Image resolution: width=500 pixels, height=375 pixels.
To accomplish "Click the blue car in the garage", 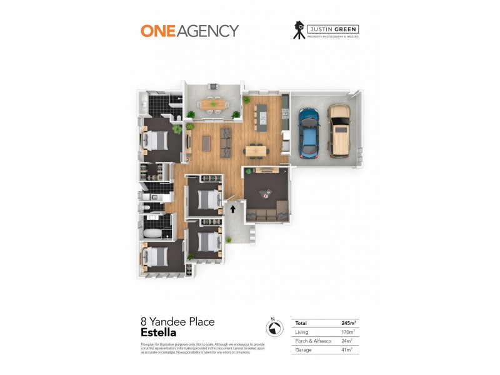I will click(x=309, y=132).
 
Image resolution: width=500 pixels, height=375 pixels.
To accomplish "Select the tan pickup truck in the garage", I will click(x=338, y=131).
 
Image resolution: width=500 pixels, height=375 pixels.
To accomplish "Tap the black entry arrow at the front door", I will click(x=233, y=209).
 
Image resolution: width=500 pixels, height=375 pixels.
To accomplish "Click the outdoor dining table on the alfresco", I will click(x=211, y=104).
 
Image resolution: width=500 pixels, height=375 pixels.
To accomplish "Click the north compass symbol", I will click(x=272, y=327).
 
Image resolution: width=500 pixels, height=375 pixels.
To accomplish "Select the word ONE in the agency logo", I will click(x=157, y=31).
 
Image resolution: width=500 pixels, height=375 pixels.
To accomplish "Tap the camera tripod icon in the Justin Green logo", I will click(x=299, y=30).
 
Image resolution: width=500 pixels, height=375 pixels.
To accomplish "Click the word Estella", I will click(x=158, y=333).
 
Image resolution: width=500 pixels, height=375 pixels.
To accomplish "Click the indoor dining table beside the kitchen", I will click(x=255, y=150).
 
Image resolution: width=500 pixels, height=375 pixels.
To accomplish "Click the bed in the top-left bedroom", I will click(x=157, y=140).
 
